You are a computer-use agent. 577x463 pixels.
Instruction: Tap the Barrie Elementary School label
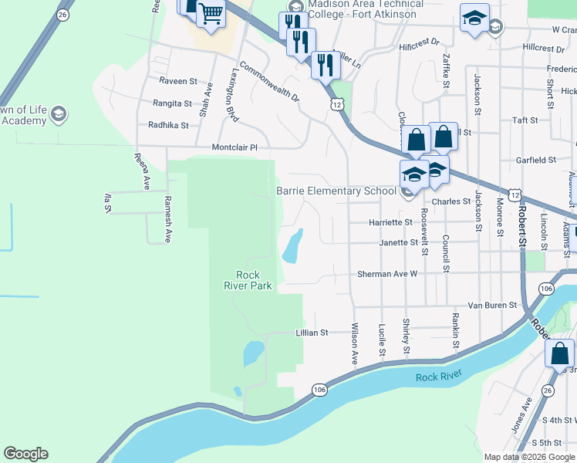tap(336, 191)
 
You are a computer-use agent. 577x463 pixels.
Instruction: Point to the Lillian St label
tap(312, 333)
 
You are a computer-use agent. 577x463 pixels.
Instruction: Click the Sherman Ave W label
tap(386, 274)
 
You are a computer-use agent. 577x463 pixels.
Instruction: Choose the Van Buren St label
tap(491, 306)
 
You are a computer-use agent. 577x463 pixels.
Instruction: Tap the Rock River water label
tap(438, 377)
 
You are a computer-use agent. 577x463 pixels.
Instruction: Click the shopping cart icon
tap(211, 13)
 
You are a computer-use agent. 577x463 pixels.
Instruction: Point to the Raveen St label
tap(178, 80)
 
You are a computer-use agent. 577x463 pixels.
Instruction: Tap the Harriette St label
tap(386, 222)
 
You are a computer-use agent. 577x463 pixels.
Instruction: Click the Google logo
tap(25, 454)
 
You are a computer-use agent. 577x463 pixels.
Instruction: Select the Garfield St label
tap(535, 160)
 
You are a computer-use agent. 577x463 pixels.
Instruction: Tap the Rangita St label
tap(171, 103)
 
